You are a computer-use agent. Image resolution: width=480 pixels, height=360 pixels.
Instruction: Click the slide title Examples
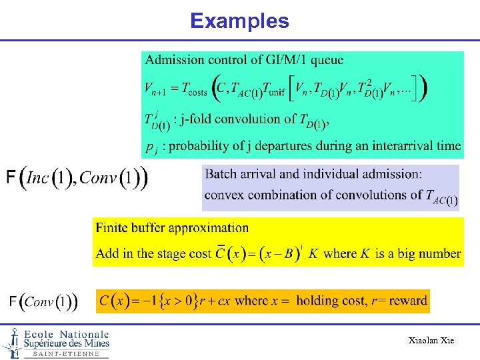(239, 21)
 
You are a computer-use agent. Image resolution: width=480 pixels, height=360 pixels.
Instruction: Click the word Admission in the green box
(175, 60)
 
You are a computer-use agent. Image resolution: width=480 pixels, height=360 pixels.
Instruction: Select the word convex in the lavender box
(226, 195)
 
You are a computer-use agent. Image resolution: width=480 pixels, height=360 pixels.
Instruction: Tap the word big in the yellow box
(399, 253)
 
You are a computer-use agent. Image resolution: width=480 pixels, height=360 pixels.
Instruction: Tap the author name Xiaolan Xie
(431, 341)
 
